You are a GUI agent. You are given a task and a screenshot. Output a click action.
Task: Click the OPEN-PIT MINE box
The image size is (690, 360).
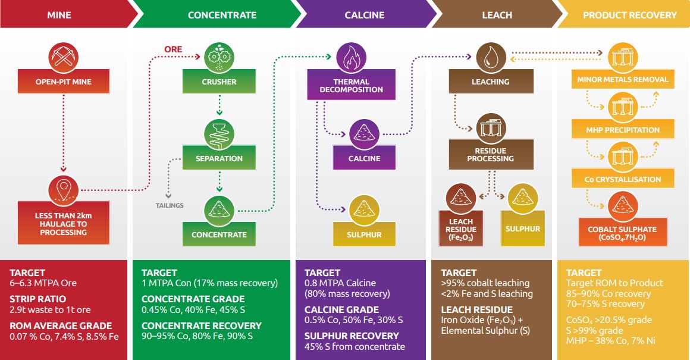pos(64,82)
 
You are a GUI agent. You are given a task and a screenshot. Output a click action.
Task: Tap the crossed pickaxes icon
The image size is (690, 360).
pos(64,57)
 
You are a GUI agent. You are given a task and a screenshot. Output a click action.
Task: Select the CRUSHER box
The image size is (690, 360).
pos(219,82)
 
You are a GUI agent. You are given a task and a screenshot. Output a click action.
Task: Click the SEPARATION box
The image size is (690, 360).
pos(219,158)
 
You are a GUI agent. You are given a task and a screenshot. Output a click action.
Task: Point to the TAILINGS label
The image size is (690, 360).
pos(170,205)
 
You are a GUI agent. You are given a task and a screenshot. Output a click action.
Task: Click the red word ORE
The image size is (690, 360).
pos(173,49)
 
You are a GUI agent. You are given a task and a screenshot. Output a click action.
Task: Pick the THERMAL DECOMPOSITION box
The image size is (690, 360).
pos(351,85)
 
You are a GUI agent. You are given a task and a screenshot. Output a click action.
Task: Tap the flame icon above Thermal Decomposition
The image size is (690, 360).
pos(351,58)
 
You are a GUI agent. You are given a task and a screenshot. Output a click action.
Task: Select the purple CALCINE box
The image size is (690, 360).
pos(365,158)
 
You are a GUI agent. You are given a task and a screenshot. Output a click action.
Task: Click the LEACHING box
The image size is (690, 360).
pos(491,82)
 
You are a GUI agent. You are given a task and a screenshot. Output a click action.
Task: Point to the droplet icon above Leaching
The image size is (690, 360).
pos(491,58)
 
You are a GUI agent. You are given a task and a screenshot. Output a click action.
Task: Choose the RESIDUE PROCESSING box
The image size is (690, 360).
pos(491,155)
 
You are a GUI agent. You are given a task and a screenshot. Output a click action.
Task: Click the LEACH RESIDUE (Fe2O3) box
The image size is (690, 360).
pos(461,228)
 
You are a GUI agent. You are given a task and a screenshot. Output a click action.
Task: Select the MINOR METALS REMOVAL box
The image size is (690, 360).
pos(623,79)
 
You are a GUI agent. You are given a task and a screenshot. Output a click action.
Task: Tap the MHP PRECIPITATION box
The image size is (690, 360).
pos(623,129)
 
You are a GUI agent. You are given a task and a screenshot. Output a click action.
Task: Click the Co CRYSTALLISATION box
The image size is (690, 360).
pos(623,179)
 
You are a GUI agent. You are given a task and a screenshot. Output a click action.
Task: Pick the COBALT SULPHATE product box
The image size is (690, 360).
pos(622,233)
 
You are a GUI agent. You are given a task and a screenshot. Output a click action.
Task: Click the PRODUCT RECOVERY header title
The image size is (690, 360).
pos(630,15)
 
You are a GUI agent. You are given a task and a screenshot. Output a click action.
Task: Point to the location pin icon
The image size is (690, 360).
pos(64,190)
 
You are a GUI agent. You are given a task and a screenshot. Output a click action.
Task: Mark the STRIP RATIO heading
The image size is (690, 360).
pos(38,299)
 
